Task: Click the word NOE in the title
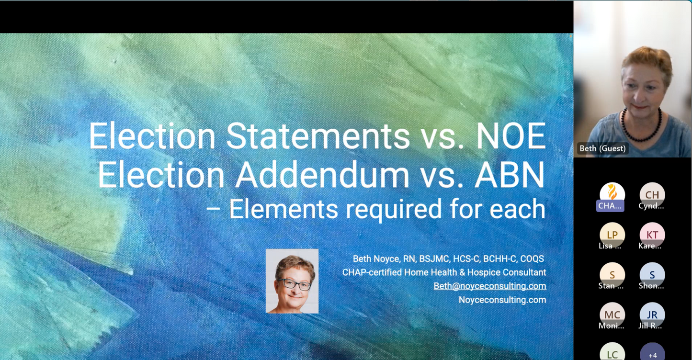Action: pos(511,136)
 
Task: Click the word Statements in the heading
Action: pos(318,136)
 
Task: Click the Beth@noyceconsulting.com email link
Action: pos(489,286)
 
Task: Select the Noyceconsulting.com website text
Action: pos(502,300)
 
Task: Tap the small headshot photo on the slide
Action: pos(292,281)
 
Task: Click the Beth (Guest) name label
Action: pos(602,148)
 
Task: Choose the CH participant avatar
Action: pos(652,194)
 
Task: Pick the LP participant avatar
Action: pos(612,235)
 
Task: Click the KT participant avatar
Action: pos(652,235)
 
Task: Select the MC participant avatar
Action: pos(612,315)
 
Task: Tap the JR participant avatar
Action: pos(652,315)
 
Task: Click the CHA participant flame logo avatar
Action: pos(612,194)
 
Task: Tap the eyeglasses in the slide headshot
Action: pos(294,284)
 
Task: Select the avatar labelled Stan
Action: pos(612,274)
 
